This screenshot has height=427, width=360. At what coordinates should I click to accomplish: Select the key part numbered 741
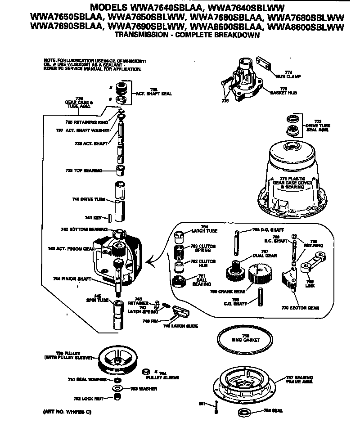(109, 218)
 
